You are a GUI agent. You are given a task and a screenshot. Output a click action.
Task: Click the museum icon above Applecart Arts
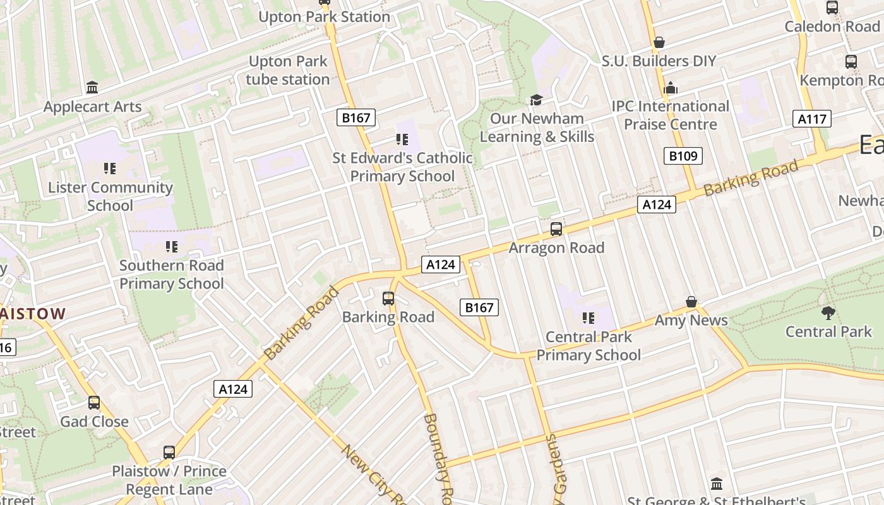click(92, 87)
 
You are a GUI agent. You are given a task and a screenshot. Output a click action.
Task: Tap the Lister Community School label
click(110, 196)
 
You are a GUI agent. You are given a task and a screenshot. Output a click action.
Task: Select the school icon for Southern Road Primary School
click(172, 247)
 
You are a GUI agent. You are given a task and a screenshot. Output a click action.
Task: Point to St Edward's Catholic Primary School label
click(403, 167)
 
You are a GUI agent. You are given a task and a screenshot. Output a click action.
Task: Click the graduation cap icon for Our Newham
click(536, 100)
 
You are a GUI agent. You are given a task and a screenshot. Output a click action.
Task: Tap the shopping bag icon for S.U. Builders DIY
click(659, 42)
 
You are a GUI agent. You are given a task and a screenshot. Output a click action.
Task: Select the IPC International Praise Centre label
click(671, 115)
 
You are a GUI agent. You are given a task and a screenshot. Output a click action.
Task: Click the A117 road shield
click(812, 119)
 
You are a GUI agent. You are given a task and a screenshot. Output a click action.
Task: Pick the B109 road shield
click(683, 156)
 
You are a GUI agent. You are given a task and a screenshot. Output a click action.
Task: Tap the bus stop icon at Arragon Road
click(556, 229)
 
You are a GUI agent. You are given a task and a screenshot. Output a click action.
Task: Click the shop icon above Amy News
click(691, 302)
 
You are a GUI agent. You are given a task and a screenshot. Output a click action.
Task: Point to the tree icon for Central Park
click(828, 312)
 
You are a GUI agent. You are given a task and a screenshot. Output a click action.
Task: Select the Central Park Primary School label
click(588, 346)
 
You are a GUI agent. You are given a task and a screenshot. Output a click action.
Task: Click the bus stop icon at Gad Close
click(94, 403)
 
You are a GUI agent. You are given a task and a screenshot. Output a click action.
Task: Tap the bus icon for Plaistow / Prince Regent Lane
click(169, 453)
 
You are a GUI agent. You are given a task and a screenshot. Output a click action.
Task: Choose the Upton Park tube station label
click(288, 70)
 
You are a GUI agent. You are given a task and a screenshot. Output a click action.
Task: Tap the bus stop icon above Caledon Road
click(832, 8)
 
